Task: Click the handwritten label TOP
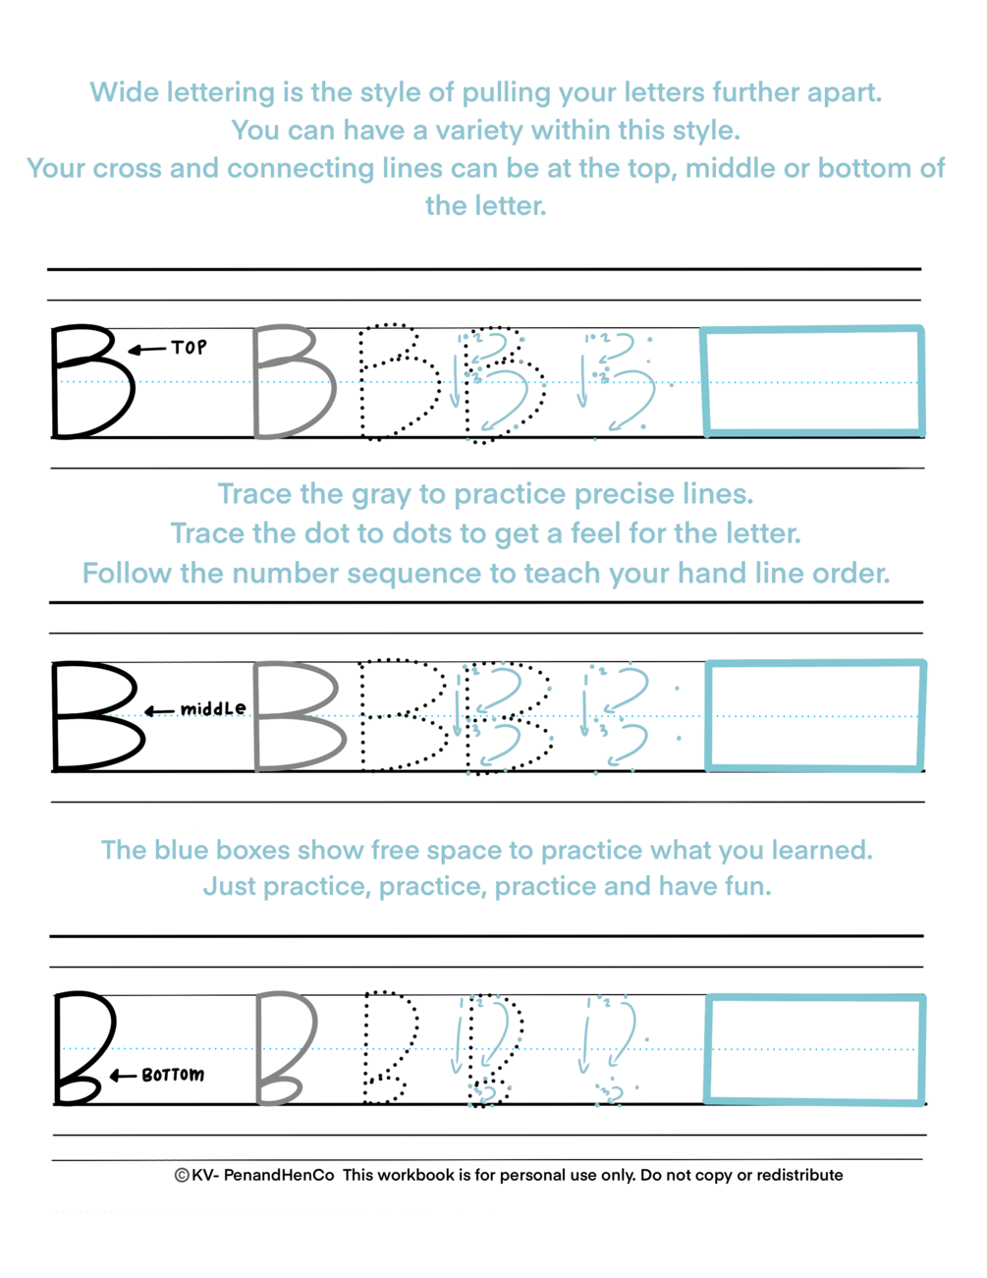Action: (x=189, y=347)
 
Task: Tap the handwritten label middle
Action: (x=213, y=708)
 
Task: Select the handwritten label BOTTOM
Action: (x=173, y=1075)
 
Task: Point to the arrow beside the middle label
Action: (x=159, y=710)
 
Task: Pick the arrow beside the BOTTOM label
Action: (x=123, y=1076)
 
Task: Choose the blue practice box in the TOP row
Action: (x=813, y=381)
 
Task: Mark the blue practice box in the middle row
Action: (x=815, y=715)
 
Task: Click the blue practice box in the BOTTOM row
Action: (x=815, y=1049)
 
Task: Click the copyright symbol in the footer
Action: (x=182, y=1175)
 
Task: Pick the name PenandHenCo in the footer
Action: (x=279, y=1175)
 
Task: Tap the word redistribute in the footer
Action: (x=799, y=1175)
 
